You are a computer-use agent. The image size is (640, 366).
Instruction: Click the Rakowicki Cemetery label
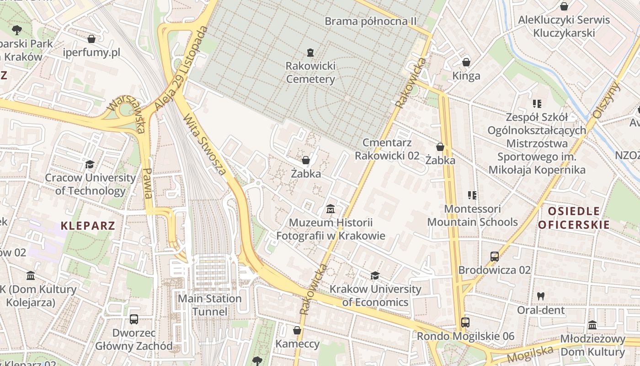[x=310, y=72]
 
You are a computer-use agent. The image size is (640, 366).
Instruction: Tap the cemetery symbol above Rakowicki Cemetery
[x=310, y=53]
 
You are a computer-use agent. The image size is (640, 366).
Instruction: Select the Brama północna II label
[x=371, y=21]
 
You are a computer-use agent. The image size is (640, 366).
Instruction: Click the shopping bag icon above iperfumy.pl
[x=91, y=39]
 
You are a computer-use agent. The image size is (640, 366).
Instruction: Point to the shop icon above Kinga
[x=466, y=62]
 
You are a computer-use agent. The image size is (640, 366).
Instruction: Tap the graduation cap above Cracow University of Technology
[x=90, y=164]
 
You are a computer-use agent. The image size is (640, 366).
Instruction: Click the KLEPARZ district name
[x=88, y=225]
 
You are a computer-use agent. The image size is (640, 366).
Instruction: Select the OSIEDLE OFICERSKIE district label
[x=574, y=217]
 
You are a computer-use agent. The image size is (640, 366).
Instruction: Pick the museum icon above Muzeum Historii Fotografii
[x=331, y=209]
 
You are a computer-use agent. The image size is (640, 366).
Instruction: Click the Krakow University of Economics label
[x=375, y=296]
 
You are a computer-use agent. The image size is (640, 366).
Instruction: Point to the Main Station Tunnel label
[x=209, y=305]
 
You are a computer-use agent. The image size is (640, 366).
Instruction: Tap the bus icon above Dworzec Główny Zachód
[x=134, y=319]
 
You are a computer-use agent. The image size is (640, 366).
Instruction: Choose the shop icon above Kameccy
[x=297, y=330]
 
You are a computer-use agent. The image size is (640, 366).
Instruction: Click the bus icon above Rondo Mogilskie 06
[x=465, y=323]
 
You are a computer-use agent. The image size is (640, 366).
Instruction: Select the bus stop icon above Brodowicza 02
[x=495, y=257]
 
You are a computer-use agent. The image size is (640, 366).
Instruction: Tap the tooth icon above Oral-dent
[x=541, y=296]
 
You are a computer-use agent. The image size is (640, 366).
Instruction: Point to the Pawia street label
[x=147, y=183]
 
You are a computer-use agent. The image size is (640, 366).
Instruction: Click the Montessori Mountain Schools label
[x=473, y=215]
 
